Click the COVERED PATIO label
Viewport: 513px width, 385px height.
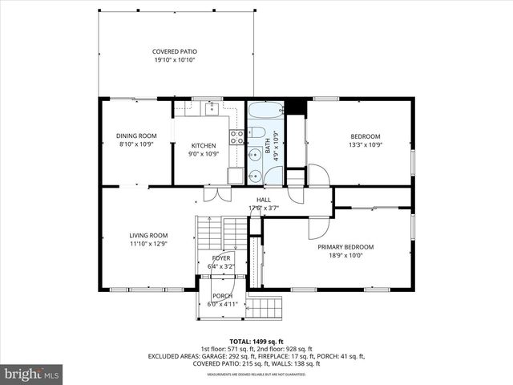point(175,51)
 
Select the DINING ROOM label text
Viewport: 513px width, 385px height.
point(136,136)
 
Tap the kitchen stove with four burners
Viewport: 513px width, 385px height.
point(237,137)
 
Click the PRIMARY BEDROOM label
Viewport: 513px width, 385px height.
point(345,247)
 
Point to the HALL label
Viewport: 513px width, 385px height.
point(263,200)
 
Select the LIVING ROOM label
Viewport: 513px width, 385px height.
point(148,235)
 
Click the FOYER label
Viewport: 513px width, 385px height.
point(221,257)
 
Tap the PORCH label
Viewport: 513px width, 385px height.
point(222,295)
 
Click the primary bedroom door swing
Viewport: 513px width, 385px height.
point(318,228)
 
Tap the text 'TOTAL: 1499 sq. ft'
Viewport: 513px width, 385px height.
point(256,341)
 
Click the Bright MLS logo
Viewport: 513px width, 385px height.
point(32,375)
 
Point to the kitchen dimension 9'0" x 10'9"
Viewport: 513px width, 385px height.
point(203,154)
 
